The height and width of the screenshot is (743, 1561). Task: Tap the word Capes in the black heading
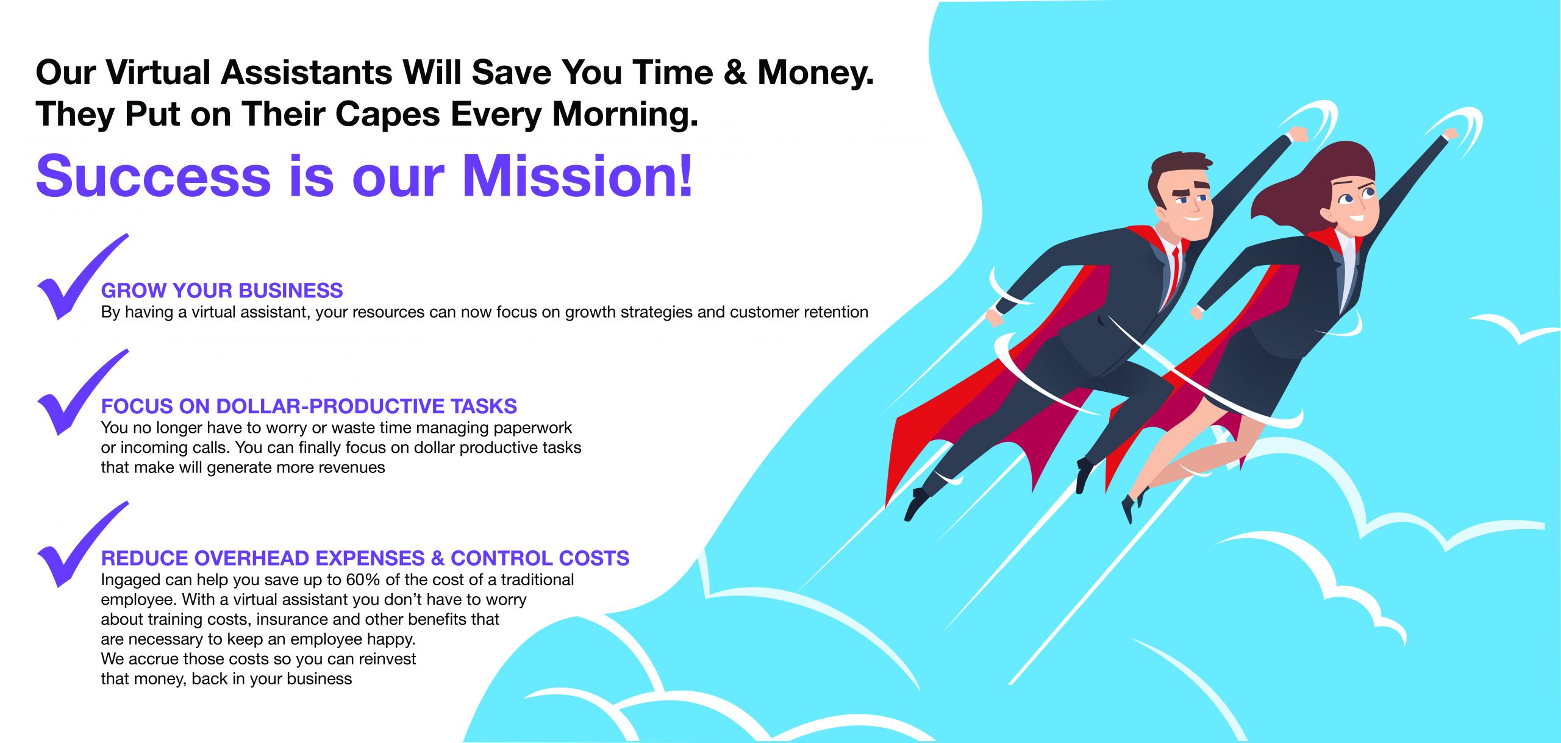pyautogui.click(x=388, y=114)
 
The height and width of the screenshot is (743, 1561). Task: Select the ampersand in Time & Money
pyautogui.click(x=735, y=73)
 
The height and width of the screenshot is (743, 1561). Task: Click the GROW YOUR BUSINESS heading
pyautogui.click(x=222, y=290)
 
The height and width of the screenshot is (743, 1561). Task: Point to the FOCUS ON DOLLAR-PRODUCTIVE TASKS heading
pyautogui.click(x=309, y=406)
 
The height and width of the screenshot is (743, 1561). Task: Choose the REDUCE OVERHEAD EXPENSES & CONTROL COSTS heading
pyautogui.click(x=365, y=558)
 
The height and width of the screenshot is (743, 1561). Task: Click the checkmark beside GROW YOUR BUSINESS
pyautogui.click(x=82, y=277)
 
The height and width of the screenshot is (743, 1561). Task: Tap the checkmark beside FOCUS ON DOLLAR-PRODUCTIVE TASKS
pyautogui.click(x=82, y=393)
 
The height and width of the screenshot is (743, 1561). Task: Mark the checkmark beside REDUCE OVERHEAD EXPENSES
pyautogui.click(x=82, y=544)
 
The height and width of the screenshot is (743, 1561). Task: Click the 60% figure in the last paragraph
pyautogui.click(x=363, y=580)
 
